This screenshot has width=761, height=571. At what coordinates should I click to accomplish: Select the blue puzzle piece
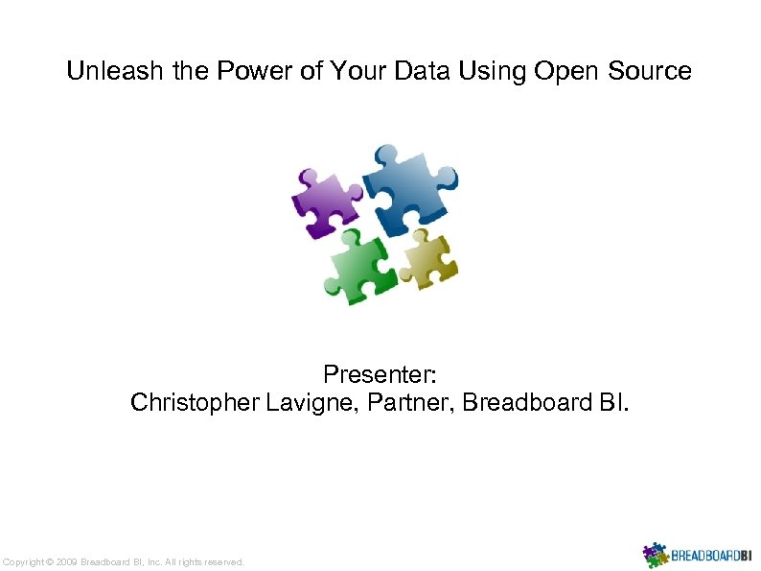click(406, 186)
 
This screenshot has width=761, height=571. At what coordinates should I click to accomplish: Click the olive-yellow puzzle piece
click(428, 257)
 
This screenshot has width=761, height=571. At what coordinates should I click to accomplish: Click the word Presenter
click(380, 373)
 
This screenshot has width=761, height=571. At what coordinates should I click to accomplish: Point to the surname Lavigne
click(306, 403)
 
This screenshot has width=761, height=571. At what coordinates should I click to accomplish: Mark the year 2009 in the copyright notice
click(67, 562)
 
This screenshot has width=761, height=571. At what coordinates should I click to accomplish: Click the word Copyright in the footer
click(24, 562)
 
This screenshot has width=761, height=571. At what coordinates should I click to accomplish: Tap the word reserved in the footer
click(221, 562)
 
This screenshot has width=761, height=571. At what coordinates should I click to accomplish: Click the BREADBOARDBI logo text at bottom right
click(711, 556)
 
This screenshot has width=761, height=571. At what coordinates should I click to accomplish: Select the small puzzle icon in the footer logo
click(655, 555)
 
